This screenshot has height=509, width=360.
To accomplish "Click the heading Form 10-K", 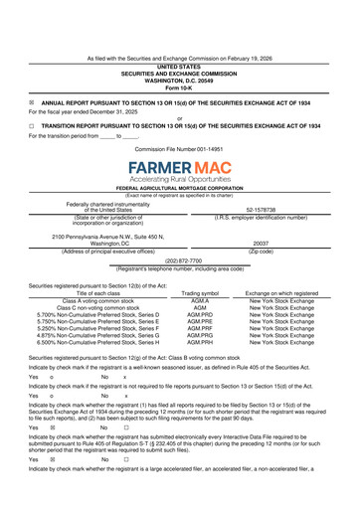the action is [179, 87].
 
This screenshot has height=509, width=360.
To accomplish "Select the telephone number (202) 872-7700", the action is [179, 260].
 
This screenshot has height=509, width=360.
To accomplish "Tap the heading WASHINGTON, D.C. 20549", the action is [179, 81].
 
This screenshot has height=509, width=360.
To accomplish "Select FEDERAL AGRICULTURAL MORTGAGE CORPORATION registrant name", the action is [179, 188].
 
